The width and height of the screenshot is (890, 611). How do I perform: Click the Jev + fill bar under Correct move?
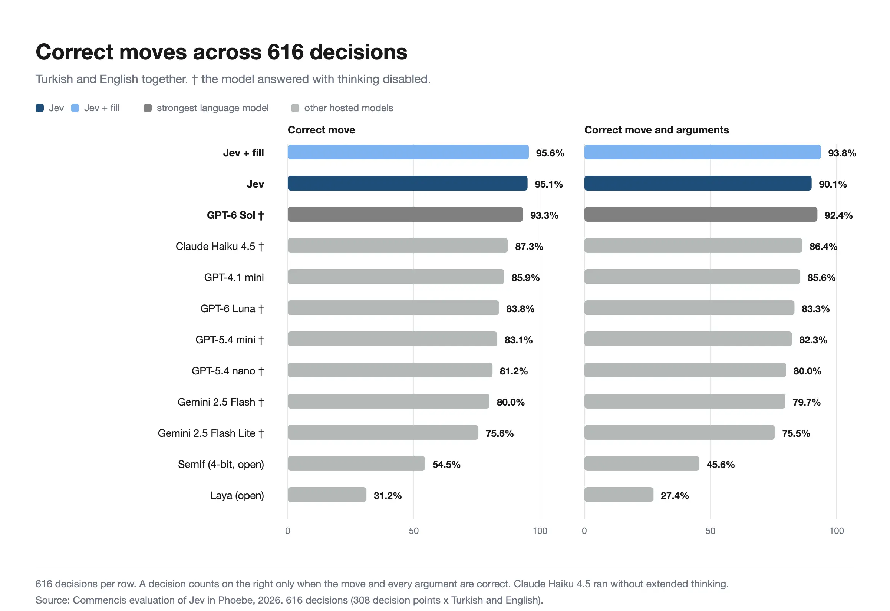click(408, 152)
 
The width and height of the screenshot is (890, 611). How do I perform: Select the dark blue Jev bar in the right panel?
click(698, 183)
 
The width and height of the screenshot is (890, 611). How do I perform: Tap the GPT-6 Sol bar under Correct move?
click(405, 214)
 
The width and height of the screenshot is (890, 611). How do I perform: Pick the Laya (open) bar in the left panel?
click(327, 495)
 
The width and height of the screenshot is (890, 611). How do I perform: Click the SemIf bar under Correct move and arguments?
click(642, 463)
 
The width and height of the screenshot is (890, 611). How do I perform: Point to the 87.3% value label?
click(529, 247)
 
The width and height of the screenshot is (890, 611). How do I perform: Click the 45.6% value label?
click(721, 465)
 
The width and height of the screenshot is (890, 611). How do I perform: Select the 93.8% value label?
click(842, 153)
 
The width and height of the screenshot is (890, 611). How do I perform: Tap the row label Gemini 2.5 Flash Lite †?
click(211, 433)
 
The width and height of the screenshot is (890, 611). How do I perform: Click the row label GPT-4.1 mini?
click(234, 278)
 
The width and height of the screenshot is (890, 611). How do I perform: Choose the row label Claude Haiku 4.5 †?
click(220, 247)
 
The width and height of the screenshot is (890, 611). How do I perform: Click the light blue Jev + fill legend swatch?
click(75, 108)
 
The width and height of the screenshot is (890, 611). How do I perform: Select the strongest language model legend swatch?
click(148, 108)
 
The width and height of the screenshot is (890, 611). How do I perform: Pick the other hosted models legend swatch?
click(295, 108)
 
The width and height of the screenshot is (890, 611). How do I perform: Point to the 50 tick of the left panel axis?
click(413, 531)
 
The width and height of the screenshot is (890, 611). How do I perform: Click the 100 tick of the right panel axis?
click(837, 531)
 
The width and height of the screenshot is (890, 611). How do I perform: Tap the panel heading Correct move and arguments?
click(657, 130)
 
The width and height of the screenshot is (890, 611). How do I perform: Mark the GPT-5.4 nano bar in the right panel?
click(685, 370)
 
